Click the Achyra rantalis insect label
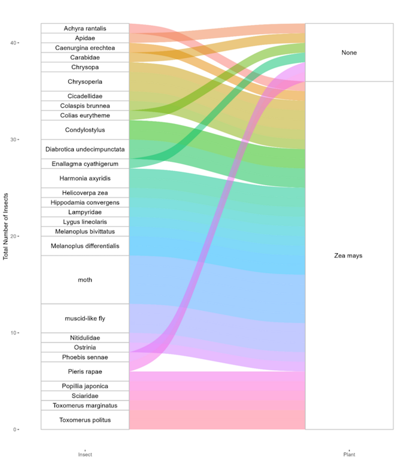pos(85,29)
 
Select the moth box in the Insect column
pos(85,280)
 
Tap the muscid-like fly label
pos(85,319)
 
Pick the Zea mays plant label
pos(348,256)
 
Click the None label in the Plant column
pos(349,53)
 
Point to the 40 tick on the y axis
pos(13,43)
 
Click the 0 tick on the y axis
pos(15,429)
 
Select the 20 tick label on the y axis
pos(13,236)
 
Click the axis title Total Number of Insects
pos(5,226)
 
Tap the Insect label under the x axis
pos(85,454)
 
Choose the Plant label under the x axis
pos(350,454)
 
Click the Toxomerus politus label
pos(85,420)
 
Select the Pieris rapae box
pos(85,372)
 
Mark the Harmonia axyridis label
pos(85,178)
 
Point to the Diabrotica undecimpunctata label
pos(85,149)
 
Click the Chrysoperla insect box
pos(85,81)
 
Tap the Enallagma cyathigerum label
pos(85,164)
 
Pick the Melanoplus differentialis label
pos(85,246)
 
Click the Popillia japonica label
pos(85,386)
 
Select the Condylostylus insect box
pos(85,130)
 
